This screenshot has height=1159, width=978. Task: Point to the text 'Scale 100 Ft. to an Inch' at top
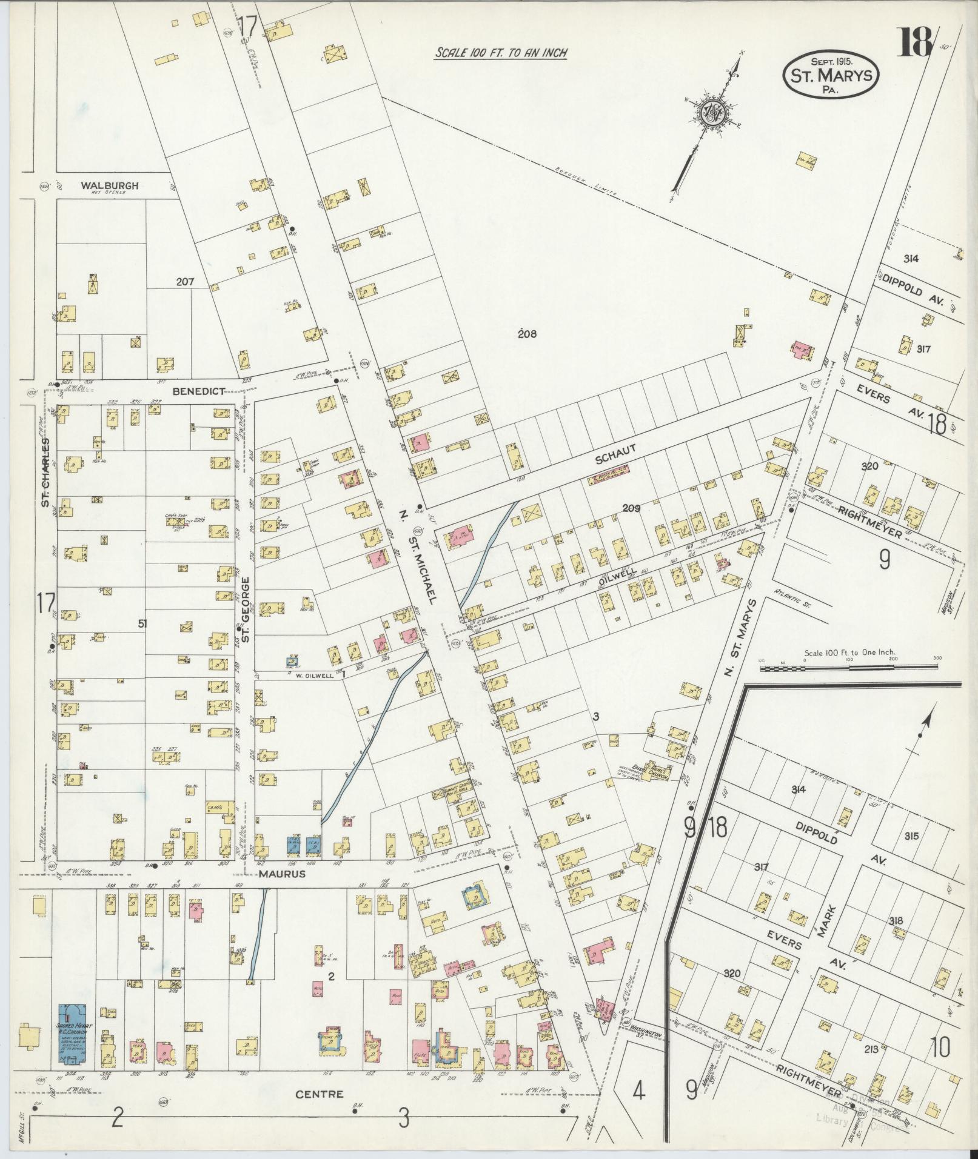[x=501, y=53]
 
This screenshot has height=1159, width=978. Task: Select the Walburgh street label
[x=110, y=186]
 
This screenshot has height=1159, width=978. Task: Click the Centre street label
[x=319, y=1094]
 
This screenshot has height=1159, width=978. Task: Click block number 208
[x=528, y=333]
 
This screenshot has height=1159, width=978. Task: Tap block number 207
[x=184, y=282]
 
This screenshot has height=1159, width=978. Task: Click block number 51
[x=142, y=623]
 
